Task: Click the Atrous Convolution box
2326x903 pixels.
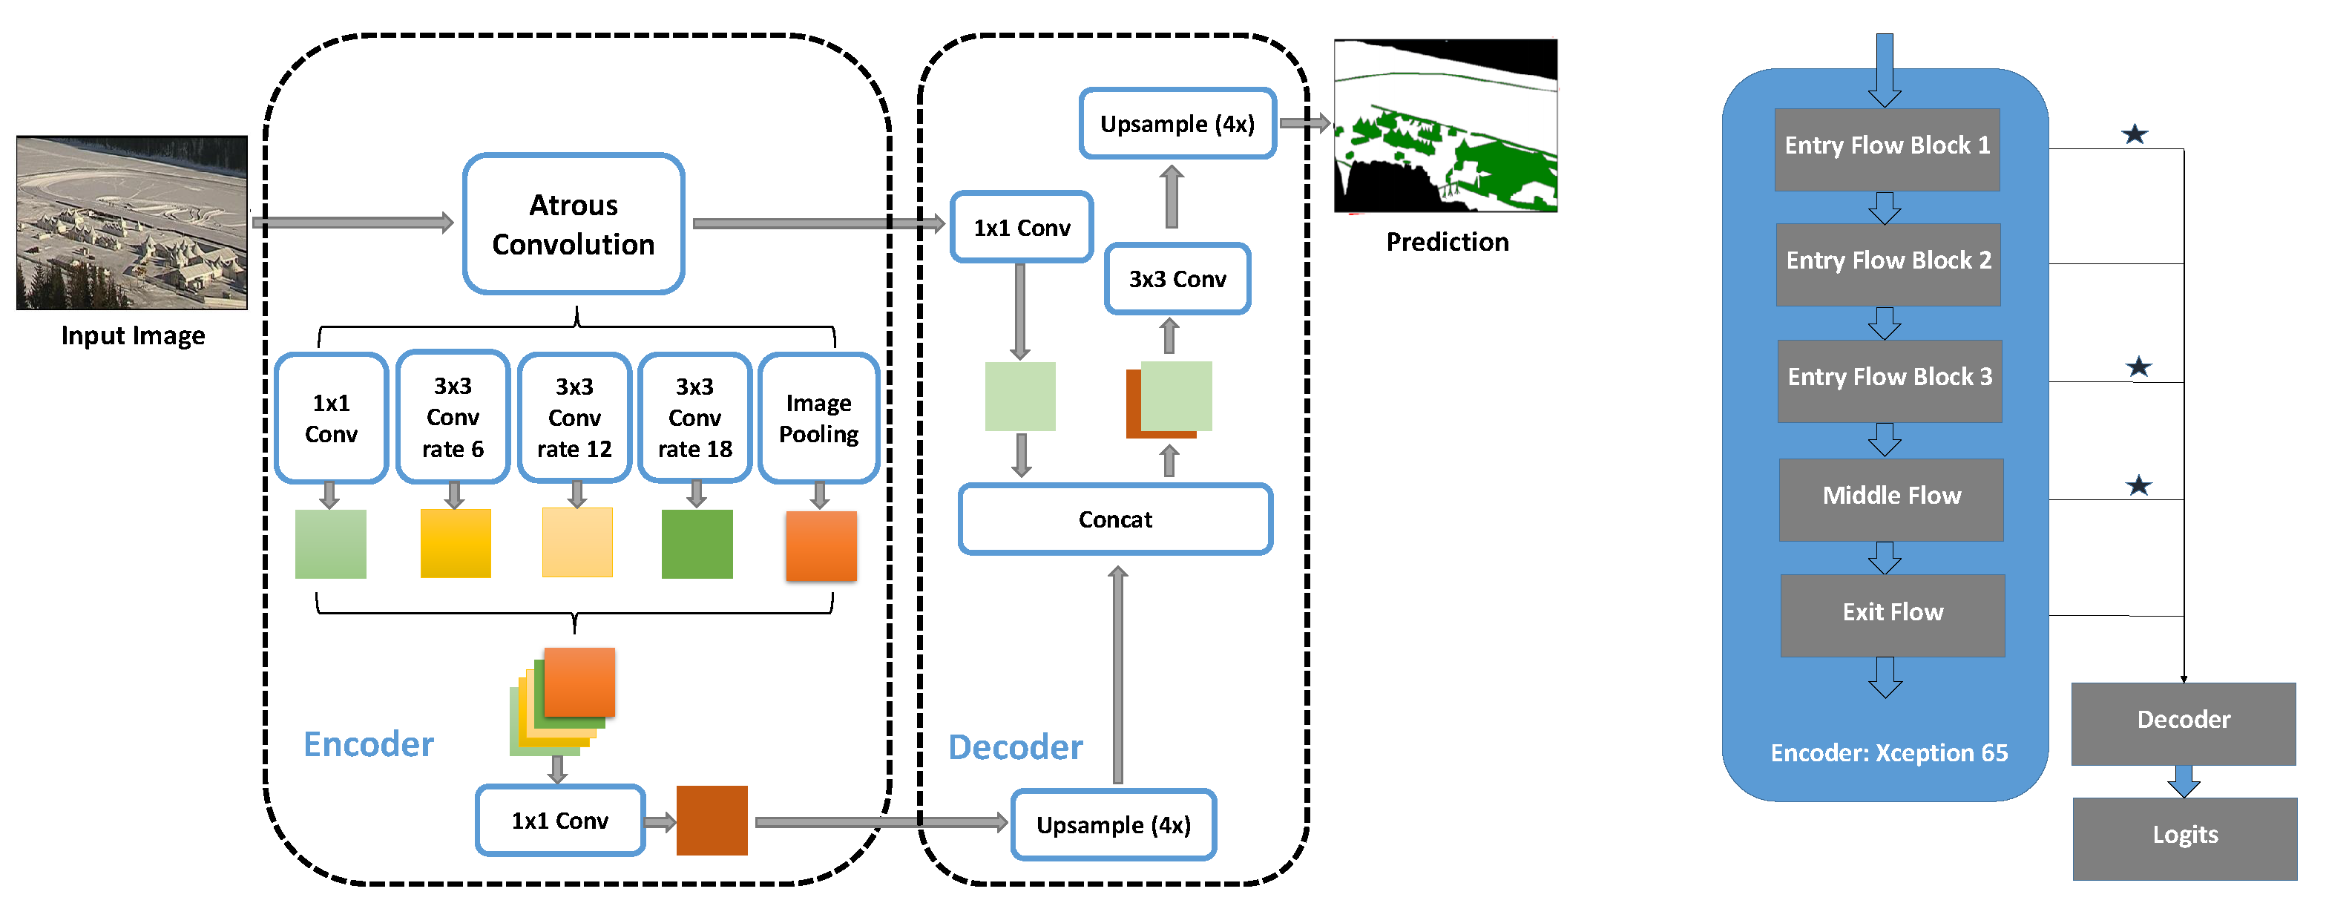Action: (574, 224)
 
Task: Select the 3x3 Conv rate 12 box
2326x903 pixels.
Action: (574, 417)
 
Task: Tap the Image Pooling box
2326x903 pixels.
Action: (818, 417)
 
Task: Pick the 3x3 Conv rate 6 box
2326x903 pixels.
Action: (453, 417)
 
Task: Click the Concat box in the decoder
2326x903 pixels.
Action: (1115, 519)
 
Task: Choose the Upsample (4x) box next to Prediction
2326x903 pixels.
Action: (1177, 124)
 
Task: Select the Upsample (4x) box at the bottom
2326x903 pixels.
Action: (1114, 824)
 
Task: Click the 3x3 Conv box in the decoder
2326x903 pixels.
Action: (1177, 279)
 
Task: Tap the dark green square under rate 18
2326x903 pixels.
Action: (697, 544)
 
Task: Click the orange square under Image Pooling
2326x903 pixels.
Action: (821, 546)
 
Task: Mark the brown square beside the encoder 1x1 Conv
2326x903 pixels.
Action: (712, 820)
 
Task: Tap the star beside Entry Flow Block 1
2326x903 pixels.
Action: (2135, 134)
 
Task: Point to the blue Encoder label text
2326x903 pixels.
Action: (369, 744)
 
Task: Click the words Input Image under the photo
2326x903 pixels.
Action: (133, 336)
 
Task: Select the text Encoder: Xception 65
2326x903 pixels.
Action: (1889, 752)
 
